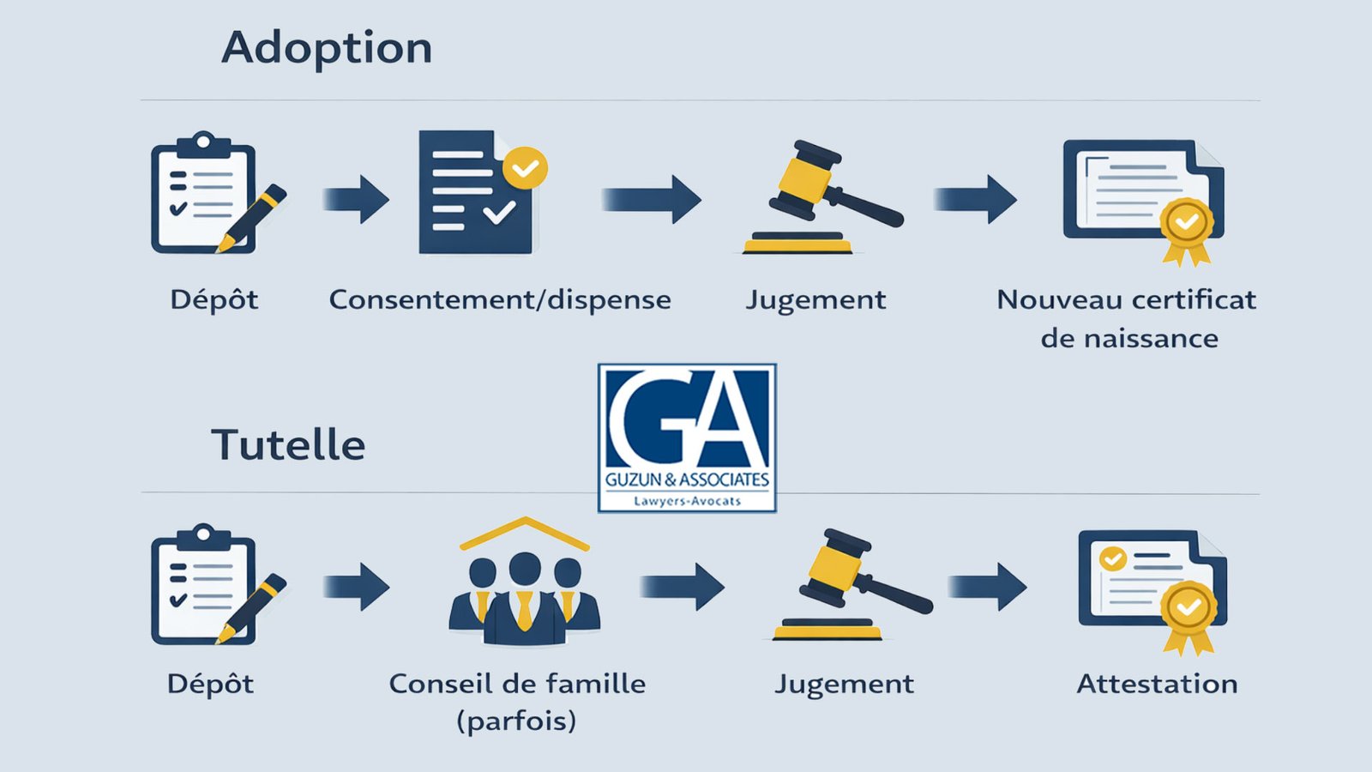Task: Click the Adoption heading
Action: [327, 48]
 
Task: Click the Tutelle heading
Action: [288, 445]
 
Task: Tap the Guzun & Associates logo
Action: [687, 438]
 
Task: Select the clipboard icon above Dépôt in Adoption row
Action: [206, 194]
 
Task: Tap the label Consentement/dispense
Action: [500, 299]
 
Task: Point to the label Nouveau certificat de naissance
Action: [1127, 318]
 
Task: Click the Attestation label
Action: [1157, 684]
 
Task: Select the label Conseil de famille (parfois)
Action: [517, 702]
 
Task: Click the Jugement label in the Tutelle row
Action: [844, 684]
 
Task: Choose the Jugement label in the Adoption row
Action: [815, 299]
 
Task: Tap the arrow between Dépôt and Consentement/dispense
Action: [357, 199]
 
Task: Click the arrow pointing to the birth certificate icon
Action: [976, 199]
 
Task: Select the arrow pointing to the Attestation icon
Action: [988, 587]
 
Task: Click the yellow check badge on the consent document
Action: [525, 167]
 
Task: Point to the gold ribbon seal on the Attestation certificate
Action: [1188, 611]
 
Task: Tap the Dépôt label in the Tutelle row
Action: [211, 684]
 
